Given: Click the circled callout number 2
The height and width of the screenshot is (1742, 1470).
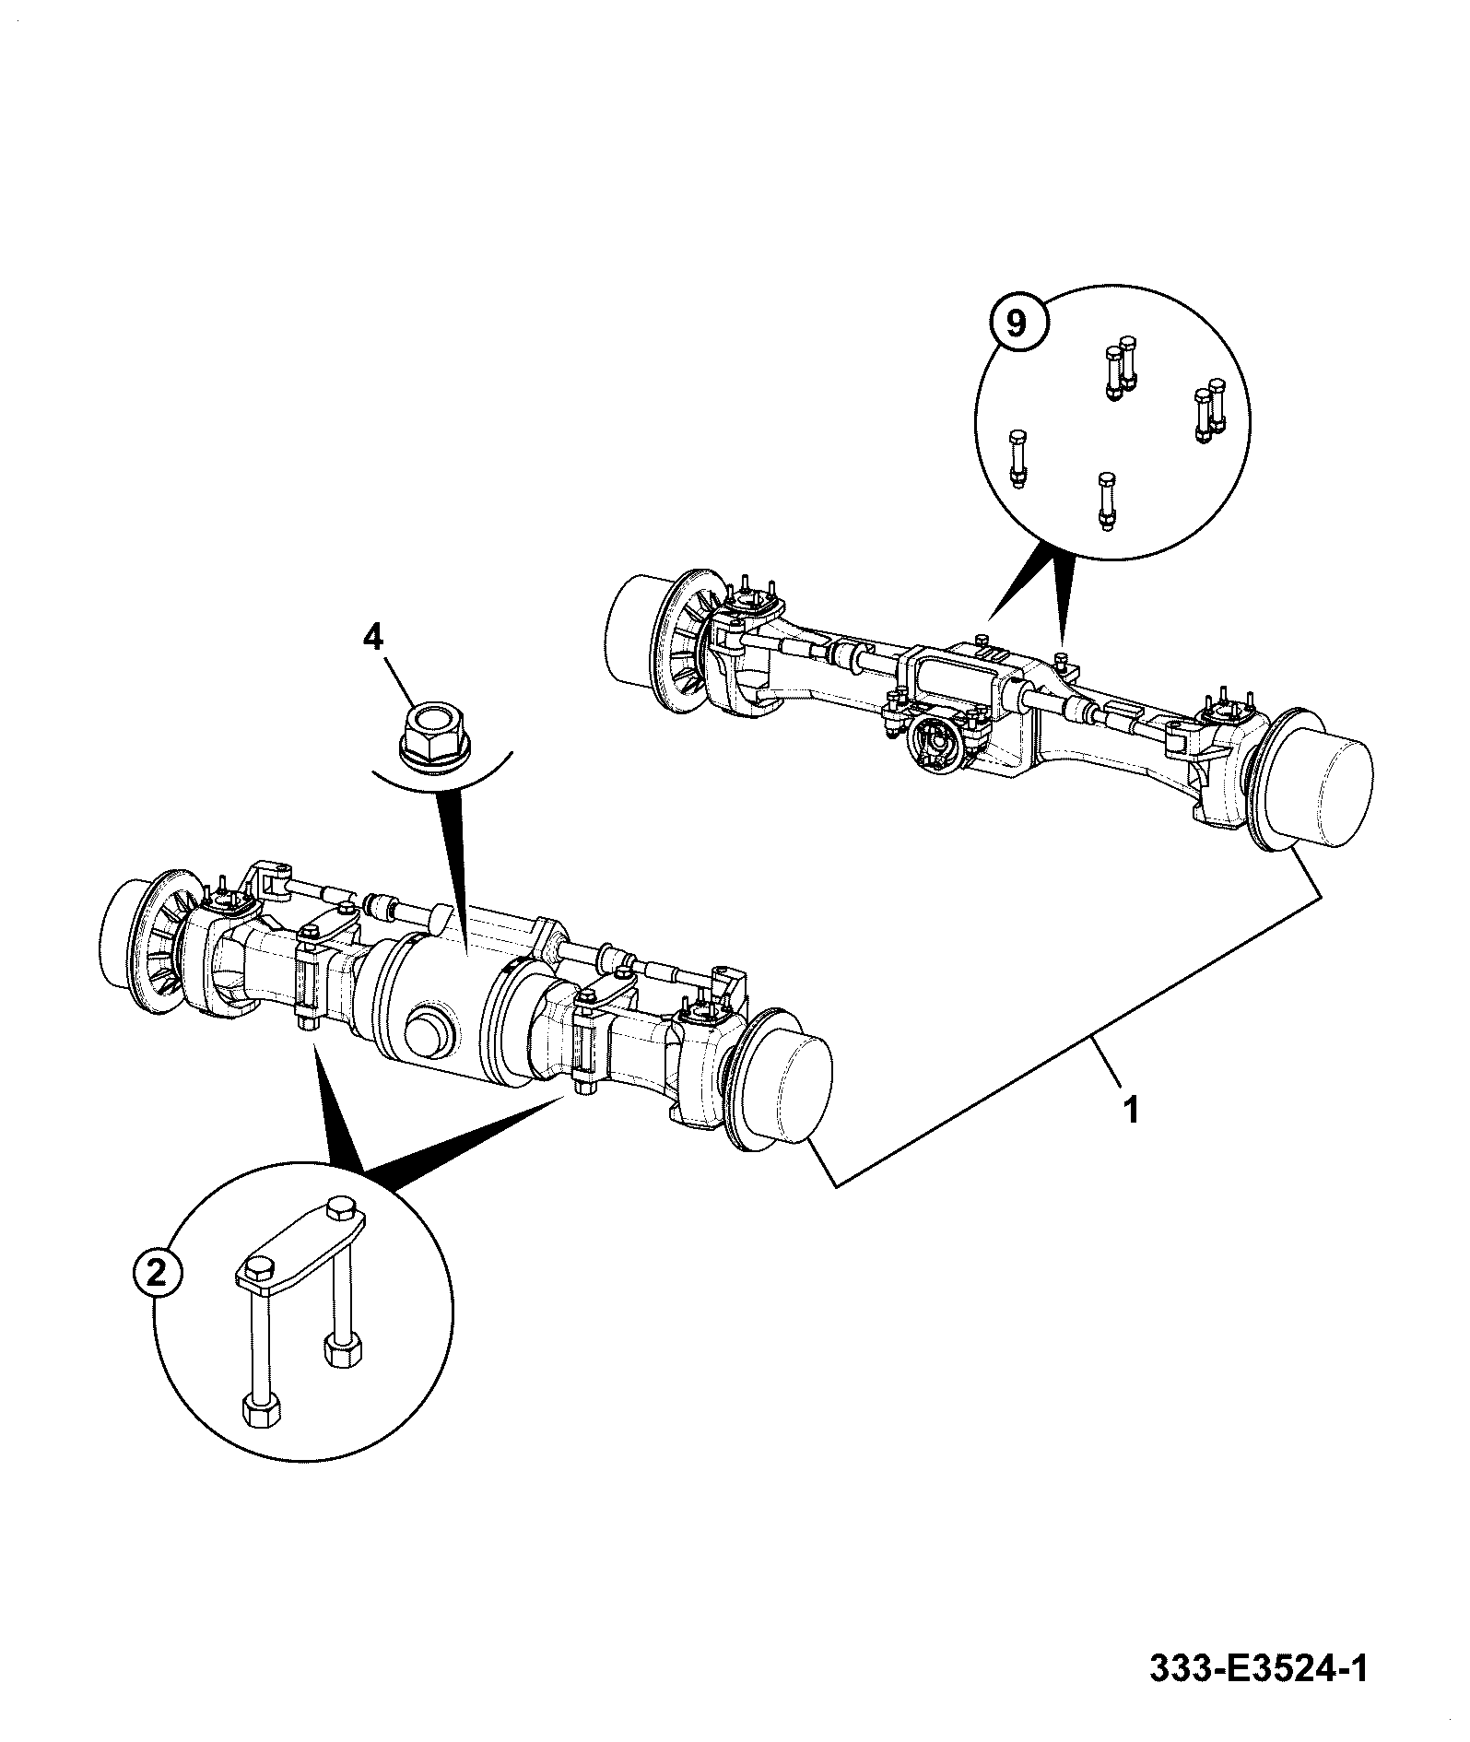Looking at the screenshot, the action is [x=158, y=1273].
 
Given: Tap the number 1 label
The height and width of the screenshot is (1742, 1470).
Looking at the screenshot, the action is [x=1131, y=1111].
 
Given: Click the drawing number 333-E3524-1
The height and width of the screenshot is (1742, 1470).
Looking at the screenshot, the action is [x=1258, y=1667].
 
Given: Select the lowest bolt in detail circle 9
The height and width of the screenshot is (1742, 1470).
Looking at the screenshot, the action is [x=1106, y=501].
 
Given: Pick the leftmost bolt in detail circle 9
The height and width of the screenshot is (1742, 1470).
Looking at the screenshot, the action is [x=1018, y=458].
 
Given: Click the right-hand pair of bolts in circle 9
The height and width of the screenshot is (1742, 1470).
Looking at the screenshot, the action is [x=1209, y=410].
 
